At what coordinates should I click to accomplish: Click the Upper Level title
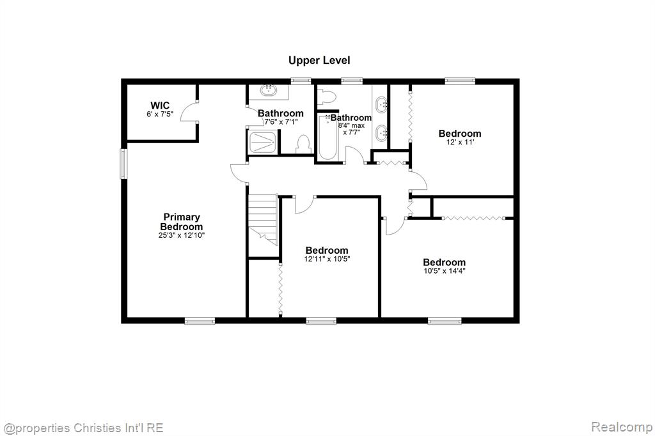[319, 61]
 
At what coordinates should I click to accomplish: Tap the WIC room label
[160, 105]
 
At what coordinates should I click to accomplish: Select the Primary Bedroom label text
[182, 222]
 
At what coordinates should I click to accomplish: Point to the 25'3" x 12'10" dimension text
[182, 235]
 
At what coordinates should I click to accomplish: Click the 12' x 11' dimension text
[460, 142]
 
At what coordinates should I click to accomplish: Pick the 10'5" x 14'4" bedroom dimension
[445, 270]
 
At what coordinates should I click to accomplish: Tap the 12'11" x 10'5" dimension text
[327, 259]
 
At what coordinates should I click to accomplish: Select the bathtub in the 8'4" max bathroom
[327, 137]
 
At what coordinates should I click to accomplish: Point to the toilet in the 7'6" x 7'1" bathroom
[303, 144]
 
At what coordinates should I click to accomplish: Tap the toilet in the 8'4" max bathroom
[327, 96]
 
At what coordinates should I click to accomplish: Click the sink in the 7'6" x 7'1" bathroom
[268, 90]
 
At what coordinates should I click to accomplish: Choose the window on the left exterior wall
[123, 164]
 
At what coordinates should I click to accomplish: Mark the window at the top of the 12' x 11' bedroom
[460, 81]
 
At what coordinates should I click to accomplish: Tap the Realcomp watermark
[622, 427]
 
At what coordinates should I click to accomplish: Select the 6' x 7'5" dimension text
[160, 114]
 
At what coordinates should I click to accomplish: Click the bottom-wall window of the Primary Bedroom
[200, 321]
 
